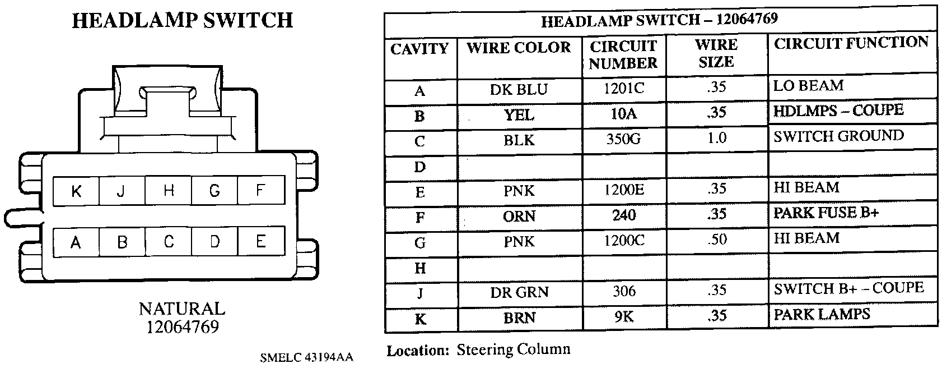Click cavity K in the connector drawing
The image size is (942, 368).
(76, 191)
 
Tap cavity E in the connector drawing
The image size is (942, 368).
(260, 242)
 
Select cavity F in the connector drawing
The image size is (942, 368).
(260, 191)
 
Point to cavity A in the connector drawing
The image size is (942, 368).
(76, 242)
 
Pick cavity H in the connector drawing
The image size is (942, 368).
(169, 191)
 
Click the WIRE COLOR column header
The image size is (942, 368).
(519, 48)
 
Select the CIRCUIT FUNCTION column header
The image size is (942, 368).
(851, 43)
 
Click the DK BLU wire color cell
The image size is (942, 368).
(519, 90)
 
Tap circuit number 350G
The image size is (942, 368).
(623, 139)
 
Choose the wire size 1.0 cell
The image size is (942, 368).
(716, 138)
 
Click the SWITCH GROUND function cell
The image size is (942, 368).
(838, 136)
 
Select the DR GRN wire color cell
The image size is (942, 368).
(519, 292)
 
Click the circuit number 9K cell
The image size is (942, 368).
(623, 317)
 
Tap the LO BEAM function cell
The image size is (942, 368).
(808, 86)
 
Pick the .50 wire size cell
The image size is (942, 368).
(716, 240)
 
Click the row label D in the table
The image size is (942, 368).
(420, 167)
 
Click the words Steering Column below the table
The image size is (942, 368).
(514, 350)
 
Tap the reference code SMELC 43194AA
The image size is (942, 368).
(306, 357)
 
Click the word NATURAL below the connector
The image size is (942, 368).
(182, 309)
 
